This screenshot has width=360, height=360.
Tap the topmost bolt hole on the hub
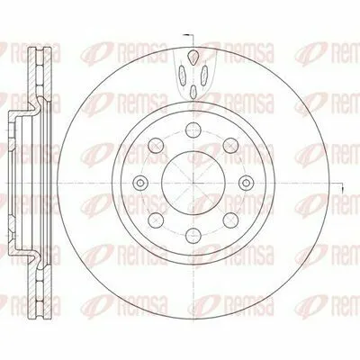click(193, 130)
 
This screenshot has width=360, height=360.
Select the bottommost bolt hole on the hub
click(193, 235)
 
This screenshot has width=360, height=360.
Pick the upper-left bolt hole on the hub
click(157, 146)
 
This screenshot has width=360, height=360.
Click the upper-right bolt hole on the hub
click(230, 146)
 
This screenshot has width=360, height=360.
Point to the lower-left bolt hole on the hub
click(157, 220)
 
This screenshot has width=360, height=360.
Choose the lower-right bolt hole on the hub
click(230, 220)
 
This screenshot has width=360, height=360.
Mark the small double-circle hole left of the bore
click(140, 182)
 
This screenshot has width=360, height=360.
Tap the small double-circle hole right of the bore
click(247, 182)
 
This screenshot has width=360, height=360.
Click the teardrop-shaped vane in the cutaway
click(193, 57)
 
